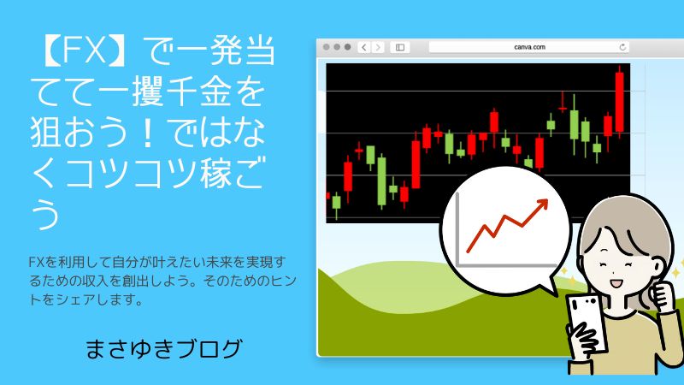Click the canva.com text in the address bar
529,47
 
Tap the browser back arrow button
364,47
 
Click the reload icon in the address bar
622,47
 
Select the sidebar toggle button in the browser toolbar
400,47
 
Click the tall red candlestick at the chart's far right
619,102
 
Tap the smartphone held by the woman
586,323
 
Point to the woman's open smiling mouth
616,284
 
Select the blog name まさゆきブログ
163,349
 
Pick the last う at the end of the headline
45,214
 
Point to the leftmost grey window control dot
327,47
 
